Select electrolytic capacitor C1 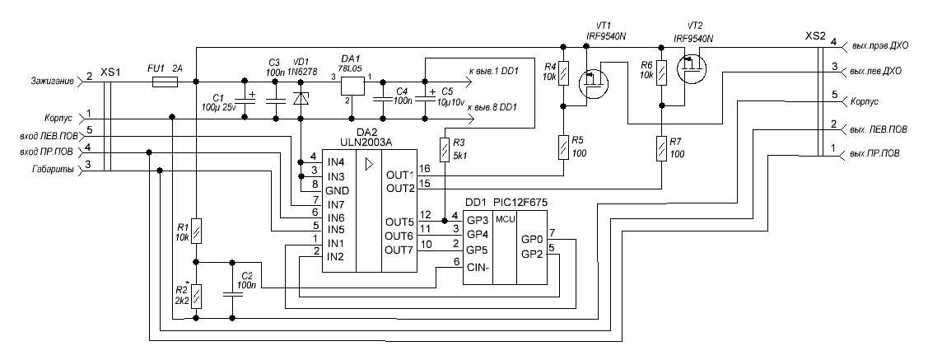tap(245, 99)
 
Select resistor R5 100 tap(562, 148)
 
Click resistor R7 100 tap(662, 149)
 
